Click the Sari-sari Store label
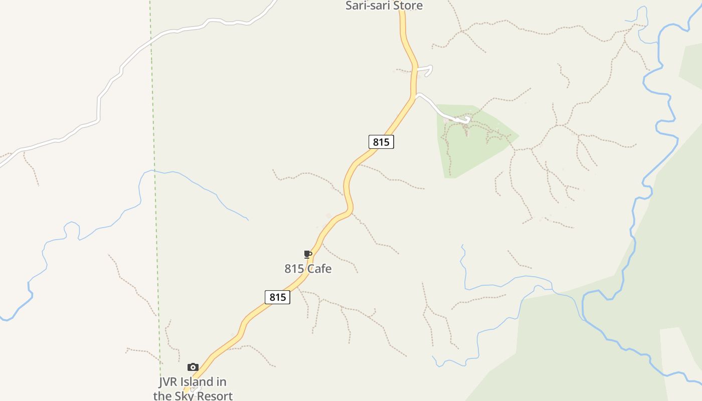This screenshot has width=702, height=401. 384,6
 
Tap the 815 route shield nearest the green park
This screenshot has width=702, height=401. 381,142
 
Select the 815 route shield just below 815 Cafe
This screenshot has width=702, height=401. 277,297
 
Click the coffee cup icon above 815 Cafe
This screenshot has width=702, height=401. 308,255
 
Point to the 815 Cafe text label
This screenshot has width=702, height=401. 308,269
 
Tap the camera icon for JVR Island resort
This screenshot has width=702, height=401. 193,367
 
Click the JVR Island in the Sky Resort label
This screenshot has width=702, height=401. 193,388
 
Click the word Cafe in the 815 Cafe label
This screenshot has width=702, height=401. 319,269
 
